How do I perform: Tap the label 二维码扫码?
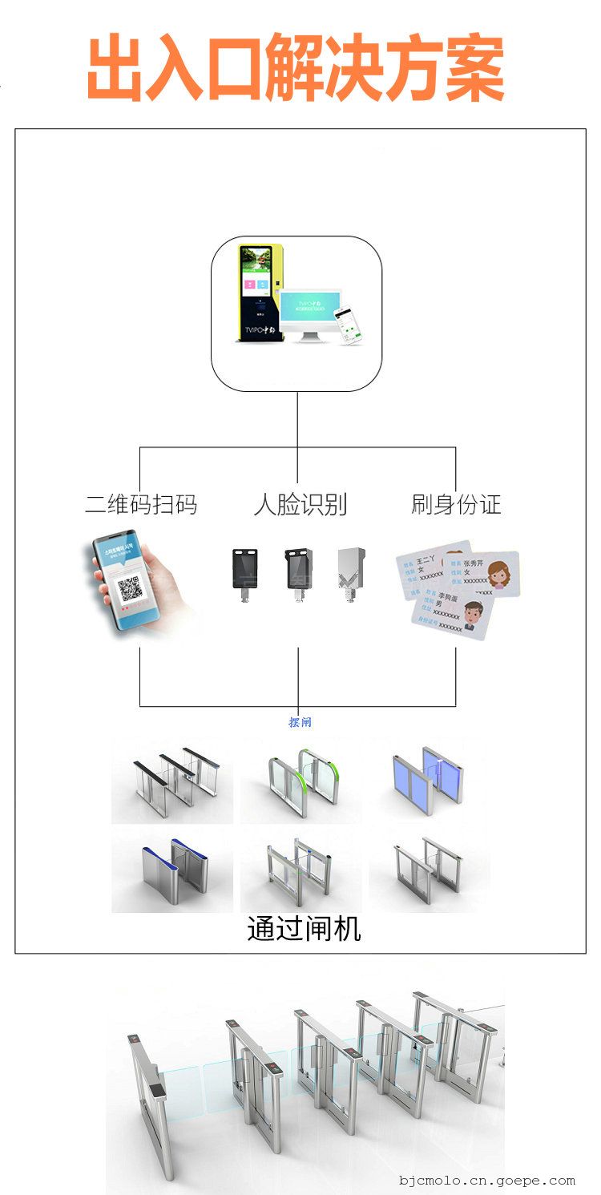141,504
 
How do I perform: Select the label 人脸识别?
300,504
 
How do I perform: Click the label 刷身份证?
456,504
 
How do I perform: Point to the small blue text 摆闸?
300,722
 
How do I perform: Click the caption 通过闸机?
304,929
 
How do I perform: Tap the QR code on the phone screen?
131,591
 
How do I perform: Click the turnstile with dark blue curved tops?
171,871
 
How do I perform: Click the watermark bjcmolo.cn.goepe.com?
487,1180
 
